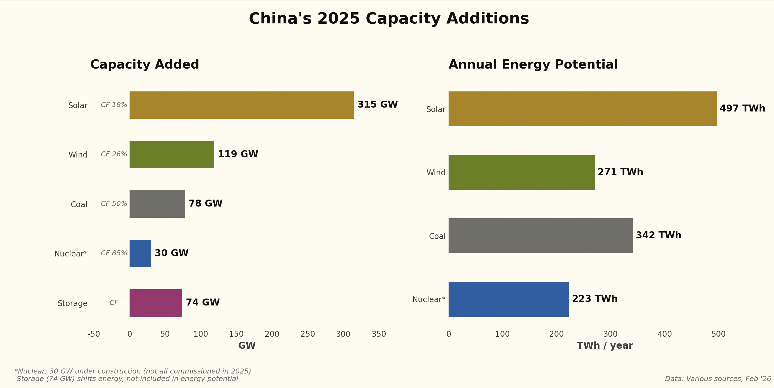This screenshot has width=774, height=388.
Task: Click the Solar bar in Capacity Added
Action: [242, 105]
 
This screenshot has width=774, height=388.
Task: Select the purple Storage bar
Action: [156, 303]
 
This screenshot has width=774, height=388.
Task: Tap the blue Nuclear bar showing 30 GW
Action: [140, 253]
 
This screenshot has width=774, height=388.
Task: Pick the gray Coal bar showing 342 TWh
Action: [541, 235]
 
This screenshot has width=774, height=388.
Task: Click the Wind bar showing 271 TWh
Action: [521, 172]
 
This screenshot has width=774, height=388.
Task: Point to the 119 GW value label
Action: [238, 154]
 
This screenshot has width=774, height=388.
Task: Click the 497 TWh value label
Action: [742, 108]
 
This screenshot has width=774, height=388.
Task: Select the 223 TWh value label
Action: [595, 299]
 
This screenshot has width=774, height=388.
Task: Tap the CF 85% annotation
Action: [114, 253]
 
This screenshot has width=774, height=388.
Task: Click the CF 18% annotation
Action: [114, 105]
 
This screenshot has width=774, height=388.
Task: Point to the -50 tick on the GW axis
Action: [94, 334]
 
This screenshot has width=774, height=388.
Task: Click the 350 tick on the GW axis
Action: [379, 334]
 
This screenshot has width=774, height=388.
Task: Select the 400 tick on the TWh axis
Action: [664, 334]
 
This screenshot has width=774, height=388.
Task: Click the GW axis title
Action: [247, 346]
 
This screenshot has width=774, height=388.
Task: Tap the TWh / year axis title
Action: [605, 346]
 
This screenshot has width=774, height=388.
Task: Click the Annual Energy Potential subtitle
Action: [533, 65]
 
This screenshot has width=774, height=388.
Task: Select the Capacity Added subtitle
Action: [145, 65]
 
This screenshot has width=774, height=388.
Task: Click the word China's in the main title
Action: [280, 19]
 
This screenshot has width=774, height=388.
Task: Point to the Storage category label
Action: [72, 303]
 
